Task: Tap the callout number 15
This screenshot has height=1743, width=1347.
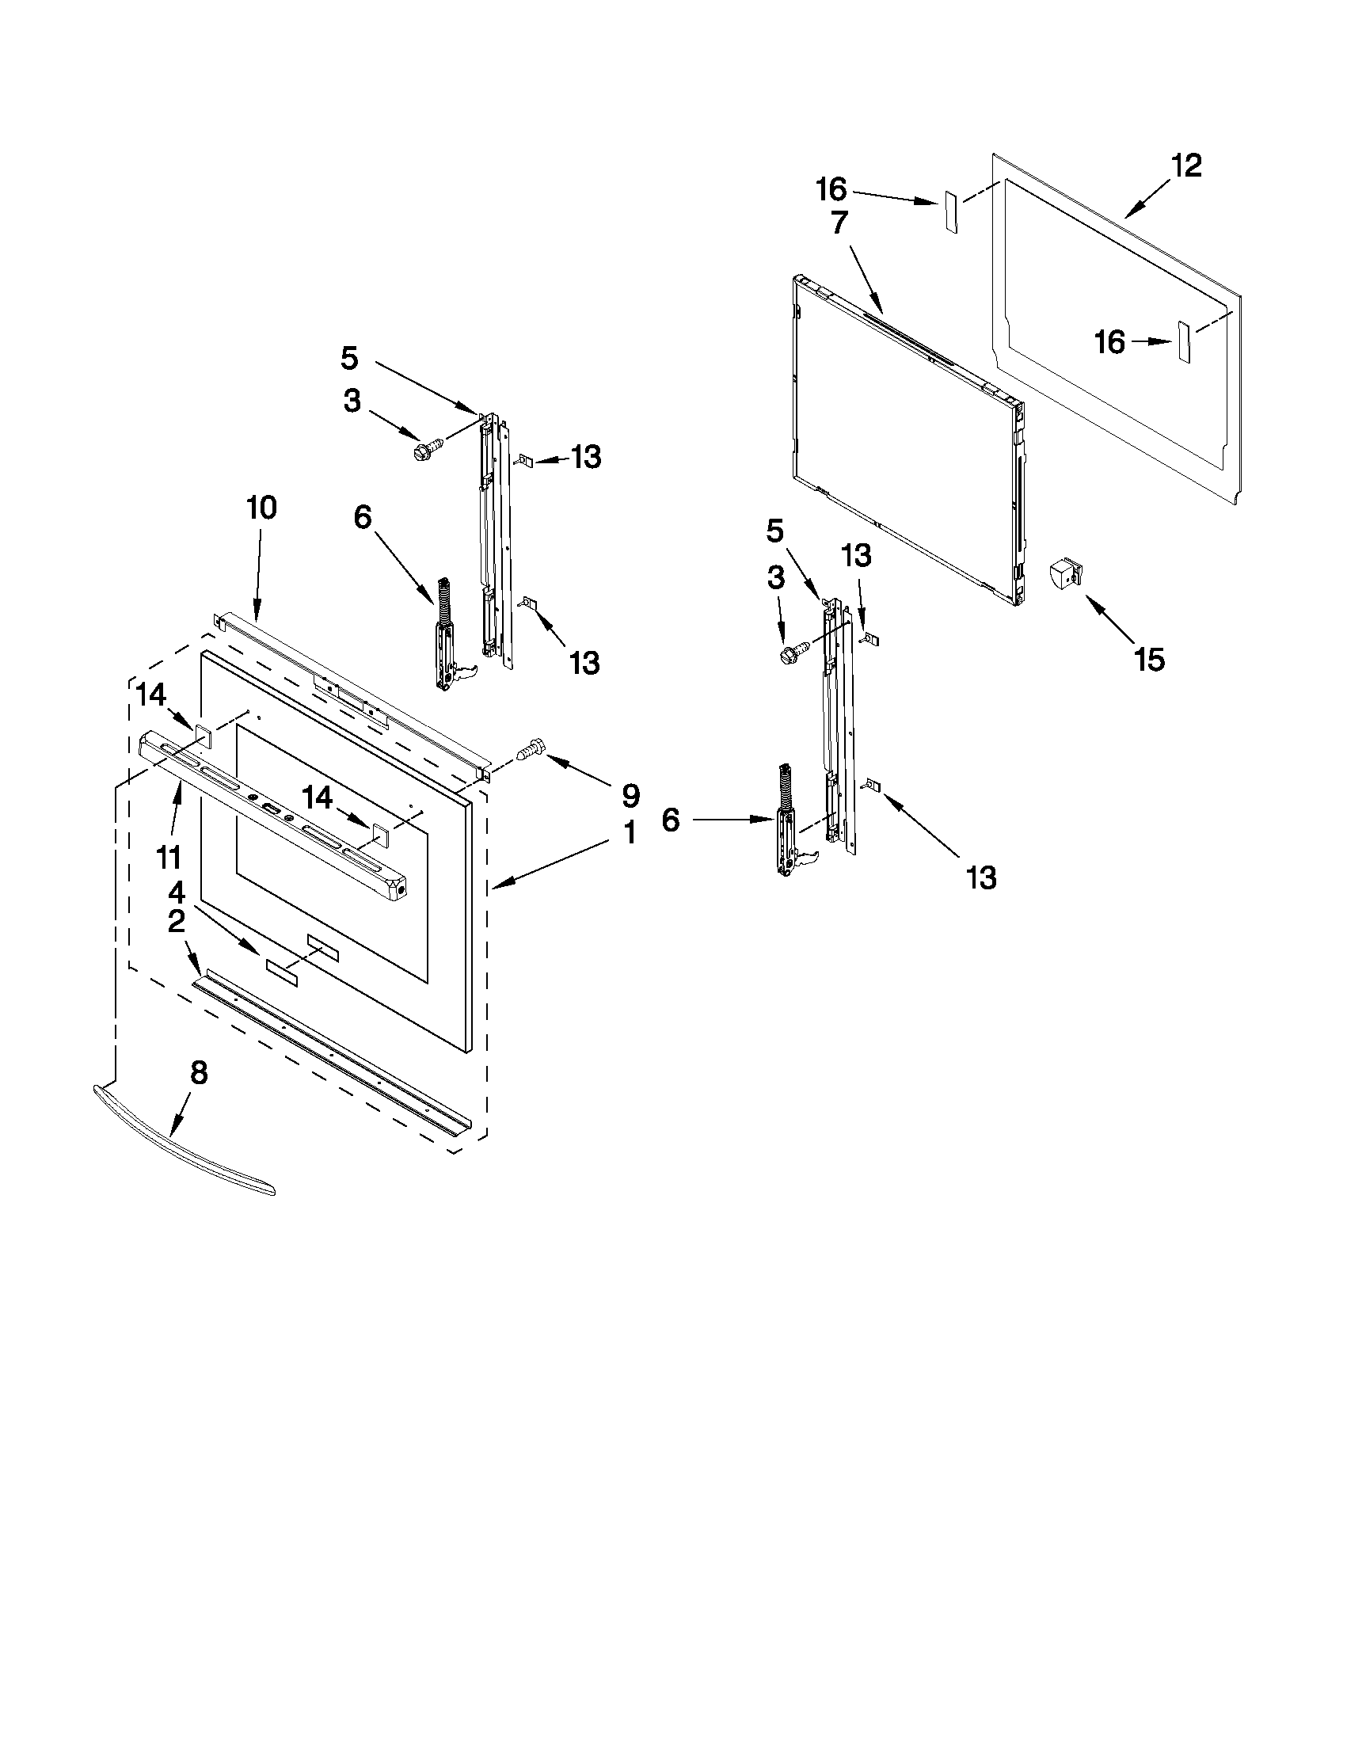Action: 1149,659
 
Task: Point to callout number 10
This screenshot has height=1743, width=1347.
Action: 261,508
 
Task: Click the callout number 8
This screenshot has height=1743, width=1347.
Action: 199,1073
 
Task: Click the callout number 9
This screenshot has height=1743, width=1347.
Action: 630,795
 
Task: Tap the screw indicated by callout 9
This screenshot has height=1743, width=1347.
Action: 530,751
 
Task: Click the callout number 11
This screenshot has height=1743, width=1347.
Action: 169,858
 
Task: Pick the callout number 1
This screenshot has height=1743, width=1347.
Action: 630,833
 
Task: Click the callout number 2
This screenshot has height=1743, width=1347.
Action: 177,922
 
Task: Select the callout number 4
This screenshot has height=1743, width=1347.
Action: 177,892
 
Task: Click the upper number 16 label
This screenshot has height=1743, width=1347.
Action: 831,190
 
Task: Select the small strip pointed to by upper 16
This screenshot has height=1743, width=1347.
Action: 950,211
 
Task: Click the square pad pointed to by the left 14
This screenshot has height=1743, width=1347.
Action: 202,736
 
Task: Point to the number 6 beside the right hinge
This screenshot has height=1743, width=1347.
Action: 670,820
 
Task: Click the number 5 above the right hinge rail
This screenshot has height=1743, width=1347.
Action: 774,531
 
